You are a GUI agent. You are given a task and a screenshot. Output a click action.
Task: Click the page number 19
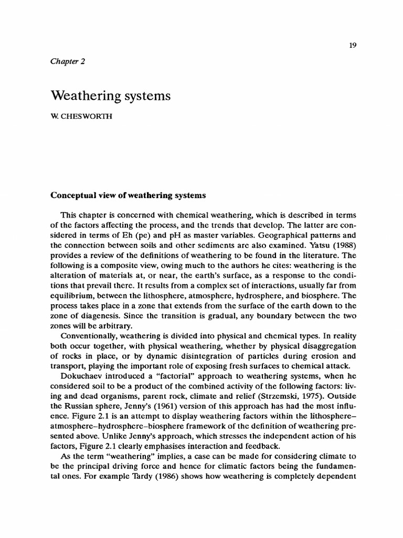point(352,46)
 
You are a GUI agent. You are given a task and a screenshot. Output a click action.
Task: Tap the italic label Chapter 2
point(68,61)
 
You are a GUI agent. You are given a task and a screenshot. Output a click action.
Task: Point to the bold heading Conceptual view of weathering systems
point(128,195)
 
